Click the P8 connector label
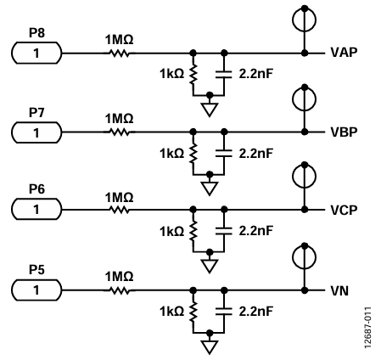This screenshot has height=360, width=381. (36, 33)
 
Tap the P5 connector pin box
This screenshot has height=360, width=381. (36, 290)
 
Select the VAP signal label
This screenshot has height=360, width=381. (344, 53)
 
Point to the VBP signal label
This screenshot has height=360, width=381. (344, 132)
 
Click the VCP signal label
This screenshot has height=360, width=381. (344, 210)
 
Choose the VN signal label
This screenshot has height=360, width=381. (339, 290)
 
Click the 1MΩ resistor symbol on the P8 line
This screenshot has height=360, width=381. (119, 53)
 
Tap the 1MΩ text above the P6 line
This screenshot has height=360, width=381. (119, 197)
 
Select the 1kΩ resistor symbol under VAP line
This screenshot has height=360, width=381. (193, 74)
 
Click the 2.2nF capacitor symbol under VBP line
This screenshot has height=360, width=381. (224, 153)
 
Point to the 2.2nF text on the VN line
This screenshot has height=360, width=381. (256, 311)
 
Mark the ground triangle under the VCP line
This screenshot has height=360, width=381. (210, 266)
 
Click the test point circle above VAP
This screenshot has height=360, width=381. (304, 20)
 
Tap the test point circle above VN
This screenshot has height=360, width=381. (304, 257)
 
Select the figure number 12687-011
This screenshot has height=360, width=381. (367, 328)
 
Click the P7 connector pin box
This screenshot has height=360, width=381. (36, 132)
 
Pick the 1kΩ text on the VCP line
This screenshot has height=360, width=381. (172, 231)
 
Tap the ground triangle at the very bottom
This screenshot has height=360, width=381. (210, 347)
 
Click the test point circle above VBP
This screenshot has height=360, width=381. (304, 98)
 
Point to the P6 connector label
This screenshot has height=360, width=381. (36, 188)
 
